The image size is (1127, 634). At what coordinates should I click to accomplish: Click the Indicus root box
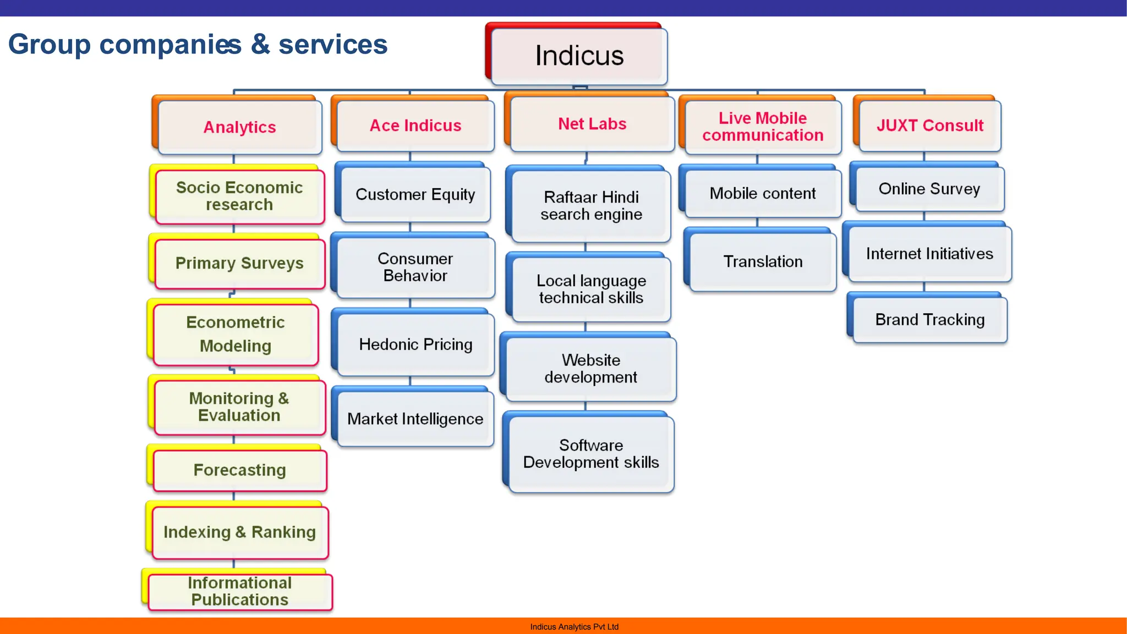pos(579,56)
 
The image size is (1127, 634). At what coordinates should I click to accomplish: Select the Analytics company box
pos(239,127)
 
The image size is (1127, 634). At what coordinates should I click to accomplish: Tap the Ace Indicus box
pos(415,125)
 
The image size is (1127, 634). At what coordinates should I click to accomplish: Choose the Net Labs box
pos(592,124)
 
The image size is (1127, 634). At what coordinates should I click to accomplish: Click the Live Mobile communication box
pos(763,127)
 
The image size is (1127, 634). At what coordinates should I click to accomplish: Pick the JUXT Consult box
pos(929,125)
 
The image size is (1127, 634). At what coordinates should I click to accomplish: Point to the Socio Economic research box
pos(239,196)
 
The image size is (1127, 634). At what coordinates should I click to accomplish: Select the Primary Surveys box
pos(239,263)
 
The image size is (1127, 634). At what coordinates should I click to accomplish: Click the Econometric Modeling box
pos(236,334)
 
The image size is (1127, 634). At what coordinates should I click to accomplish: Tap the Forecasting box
pos(239,470)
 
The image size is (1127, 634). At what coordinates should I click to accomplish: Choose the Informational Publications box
pos(239,591)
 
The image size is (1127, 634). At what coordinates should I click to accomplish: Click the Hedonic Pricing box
pos(415,345)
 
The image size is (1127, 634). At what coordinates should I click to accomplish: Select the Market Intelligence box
pos(415,419)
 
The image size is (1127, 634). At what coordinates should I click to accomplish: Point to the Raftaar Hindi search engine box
pos(591,205)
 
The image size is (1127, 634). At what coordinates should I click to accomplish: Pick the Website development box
pos(590,369)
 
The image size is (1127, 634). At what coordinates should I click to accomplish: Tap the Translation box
pos(763,261)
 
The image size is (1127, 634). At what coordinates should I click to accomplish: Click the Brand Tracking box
pos(929,320)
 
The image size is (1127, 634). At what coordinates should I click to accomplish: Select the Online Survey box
pos(929,189)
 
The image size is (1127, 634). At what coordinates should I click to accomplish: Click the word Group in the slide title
pos(49,45)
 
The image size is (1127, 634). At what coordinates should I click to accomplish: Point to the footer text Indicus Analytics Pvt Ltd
pos(574,627)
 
